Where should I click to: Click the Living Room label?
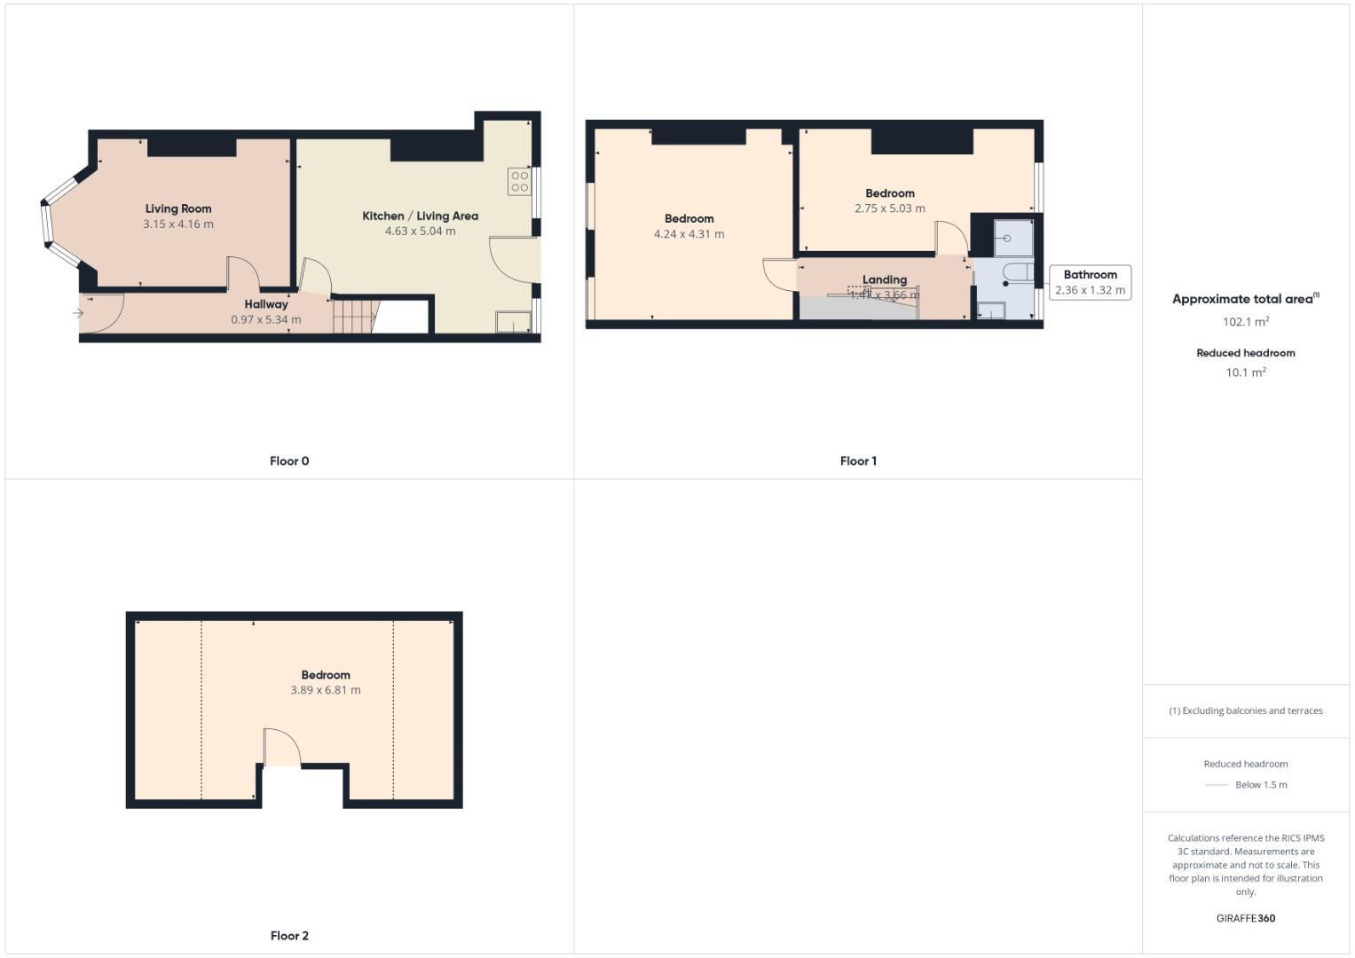pyautogui.click(x=178, y=209)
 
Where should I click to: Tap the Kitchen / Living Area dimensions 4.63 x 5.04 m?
pyautogui.click(x=420, y=232)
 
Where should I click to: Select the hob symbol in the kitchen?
pyautogui.click(x=519, y=182)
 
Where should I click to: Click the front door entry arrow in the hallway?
pyautogui.click(x=78, y=313)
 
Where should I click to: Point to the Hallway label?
pyautogui.click(x=266, y=304)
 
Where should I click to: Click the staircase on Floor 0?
pyautogui.click(x=353, y=316)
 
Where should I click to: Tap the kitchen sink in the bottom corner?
pyautogui.click(x=510, y=321)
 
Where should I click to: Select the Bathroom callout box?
pyautogui.click(x=1090, y=282)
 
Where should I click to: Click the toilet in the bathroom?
pyautogui.click(x=1018, y=271)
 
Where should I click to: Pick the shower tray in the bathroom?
pyautogui.click(x=1013, y=238)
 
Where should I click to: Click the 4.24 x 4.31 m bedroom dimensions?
pyautogui.click(x=689, y=234)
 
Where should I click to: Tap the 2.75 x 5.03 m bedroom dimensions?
pyautogui.click(x=889, y=208)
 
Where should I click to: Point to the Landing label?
pyautogui.click(x=885, y=279)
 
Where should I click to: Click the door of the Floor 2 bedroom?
pyautogui.click(x=282, y=747)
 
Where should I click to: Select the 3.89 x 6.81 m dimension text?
pyautogui.click(x=326, y=690)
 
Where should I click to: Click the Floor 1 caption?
pyautogui.click(x=858, y=461)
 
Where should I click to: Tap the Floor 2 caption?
pyautogui.click(x=289, y=936)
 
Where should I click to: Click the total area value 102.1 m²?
pyautogui.click(x=1246, y=322)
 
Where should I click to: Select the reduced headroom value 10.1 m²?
pyautogui.click(x=1246, y=373)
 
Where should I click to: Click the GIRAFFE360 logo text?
pyautogui.click(x=1246, y=918)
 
